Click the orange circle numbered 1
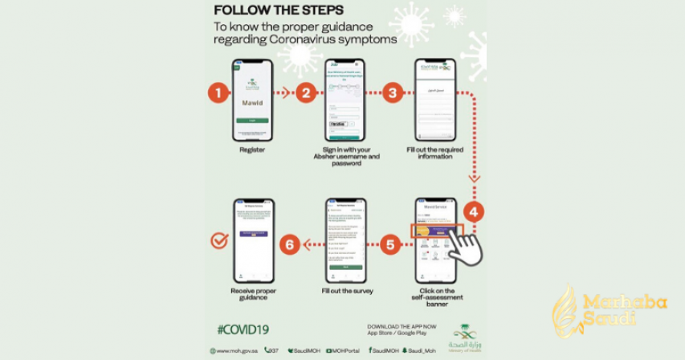(x=218, y=92)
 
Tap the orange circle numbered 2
(x=306, y=92)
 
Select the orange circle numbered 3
(x=392, y=92)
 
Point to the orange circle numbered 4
(x=475, y=213)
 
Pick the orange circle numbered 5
(x=389, y=244)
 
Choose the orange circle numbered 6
(x=289, y=244)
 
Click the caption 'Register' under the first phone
(x=251, y=149)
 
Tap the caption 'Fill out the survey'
(x=345, y=290)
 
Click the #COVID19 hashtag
(x=243, y=329)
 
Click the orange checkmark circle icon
(x=218, y=239)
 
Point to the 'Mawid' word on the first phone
(x=252, y=104)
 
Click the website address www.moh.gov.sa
(x=234, y=350)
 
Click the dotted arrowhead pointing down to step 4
(x=475, y=178)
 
